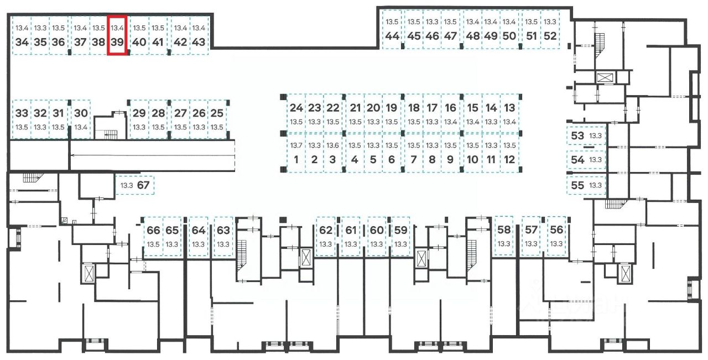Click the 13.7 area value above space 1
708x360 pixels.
pos(296,145)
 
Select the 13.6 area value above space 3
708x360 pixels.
pos(332,145)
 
